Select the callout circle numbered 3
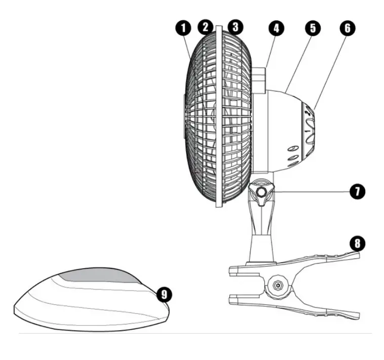tap(235, 27)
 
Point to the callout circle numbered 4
tap(276, 28)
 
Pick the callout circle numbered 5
tap(312, 28)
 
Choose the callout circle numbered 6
tap(347, 28)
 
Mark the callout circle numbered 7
tap(358, 192)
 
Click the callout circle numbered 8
tap(357, 243)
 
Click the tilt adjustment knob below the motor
tap(262, 192)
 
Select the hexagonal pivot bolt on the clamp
tap(278, 285)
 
